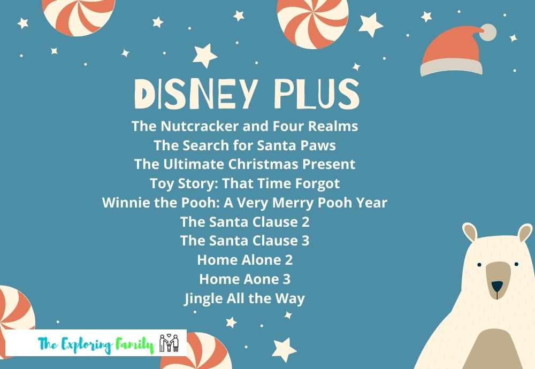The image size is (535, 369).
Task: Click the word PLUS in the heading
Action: click(317, 94)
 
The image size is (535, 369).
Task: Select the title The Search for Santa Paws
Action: click(244, 145)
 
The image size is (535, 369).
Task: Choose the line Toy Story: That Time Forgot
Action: click(244, 184)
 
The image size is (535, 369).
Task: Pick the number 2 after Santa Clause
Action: click(305, 222)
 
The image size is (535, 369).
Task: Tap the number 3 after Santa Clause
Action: click(305, 241)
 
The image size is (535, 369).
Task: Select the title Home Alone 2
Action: click(244, 260)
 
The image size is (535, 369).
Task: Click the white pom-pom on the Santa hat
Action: click(488, 33)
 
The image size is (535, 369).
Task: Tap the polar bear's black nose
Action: click(497, 286)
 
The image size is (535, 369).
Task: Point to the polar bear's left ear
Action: click(470, 232)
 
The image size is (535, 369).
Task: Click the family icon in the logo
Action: click(169, 343)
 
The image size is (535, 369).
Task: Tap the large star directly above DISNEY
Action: click(205, 56)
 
